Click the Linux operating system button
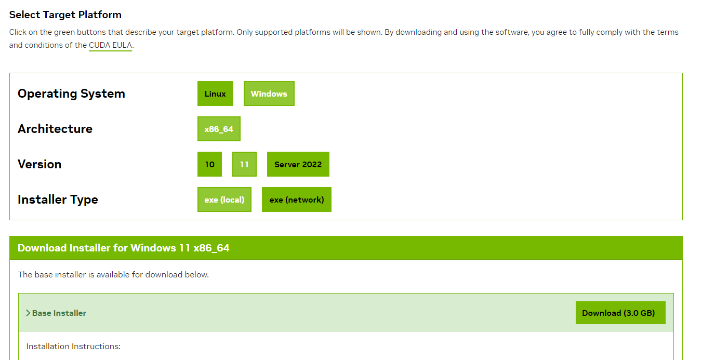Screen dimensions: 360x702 (x=215, y=94)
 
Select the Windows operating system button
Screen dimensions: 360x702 (x=269, y=94)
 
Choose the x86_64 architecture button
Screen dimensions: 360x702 (x=219, y=129)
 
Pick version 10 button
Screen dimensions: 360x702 (x=209, y=164)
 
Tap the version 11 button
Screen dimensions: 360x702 (x=244, y=164)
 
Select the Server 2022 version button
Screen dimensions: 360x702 (x=298, y=164)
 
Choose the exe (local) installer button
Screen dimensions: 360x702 (x=224, y=199)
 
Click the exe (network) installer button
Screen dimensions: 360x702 (x=296, y=199)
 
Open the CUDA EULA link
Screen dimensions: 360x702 (x=111, y=45)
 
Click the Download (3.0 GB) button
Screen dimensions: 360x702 (x=620, y=313)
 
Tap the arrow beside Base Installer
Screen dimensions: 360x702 (x=28, y=313)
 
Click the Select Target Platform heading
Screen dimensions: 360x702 (x=65, y=15)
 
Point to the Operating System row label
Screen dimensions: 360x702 (x=71, y=94)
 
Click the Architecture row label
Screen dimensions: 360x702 (x=55, y=129)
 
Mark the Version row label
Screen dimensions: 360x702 (x=39, y=164)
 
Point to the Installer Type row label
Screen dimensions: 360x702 (x=58, y=199)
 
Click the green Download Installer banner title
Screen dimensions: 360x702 (x=124, y=248)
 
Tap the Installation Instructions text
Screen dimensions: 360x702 (x=73, y=346)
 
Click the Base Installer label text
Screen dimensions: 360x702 (x=59, y=313)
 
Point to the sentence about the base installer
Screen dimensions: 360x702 (x=113, y=274)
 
